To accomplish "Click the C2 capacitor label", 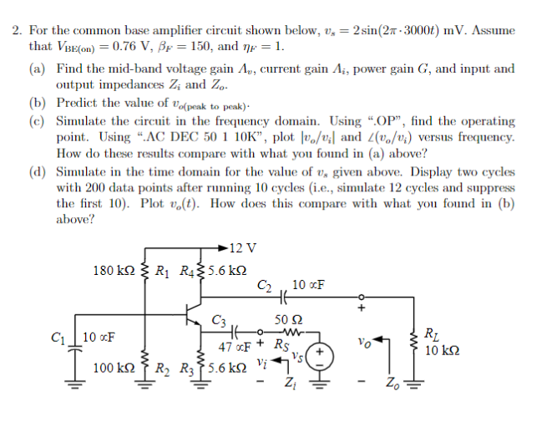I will coord(264,286).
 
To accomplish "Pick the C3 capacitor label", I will coord(220,318).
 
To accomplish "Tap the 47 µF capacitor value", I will coord(235,347).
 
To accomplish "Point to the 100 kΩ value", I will coord(115,367).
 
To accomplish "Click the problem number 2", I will coord(17,30).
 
